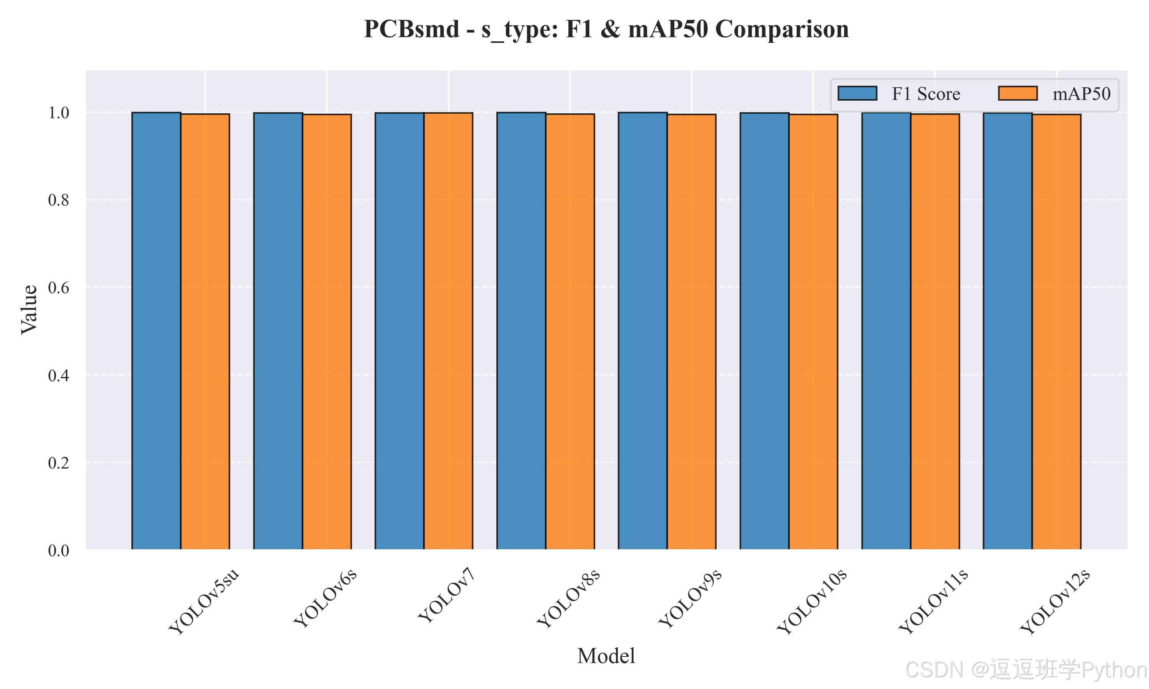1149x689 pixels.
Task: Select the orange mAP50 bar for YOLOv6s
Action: (x=327, y=332)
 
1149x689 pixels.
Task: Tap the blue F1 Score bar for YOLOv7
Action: (x=399, y=331)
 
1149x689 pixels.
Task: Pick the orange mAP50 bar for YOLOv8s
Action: (x=570, y=332)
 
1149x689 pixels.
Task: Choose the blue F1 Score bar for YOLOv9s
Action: (x=643, y=331)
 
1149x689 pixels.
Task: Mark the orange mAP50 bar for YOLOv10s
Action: (x=813, y=332)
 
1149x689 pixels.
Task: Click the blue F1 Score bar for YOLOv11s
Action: (x=886, y=331)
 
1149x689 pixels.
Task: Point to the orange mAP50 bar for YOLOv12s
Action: (x=1057, y=332)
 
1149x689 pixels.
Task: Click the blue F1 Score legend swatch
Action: (x=857, y=93)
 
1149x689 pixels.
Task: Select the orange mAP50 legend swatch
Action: (x=1018, y=93)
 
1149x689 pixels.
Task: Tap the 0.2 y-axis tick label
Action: (x=59, y=462)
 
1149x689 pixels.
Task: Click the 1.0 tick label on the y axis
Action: (x=59, y=113)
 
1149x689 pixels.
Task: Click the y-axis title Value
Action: (x=29, y=310)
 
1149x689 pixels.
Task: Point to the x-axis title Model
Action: (x=606, y=656)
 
